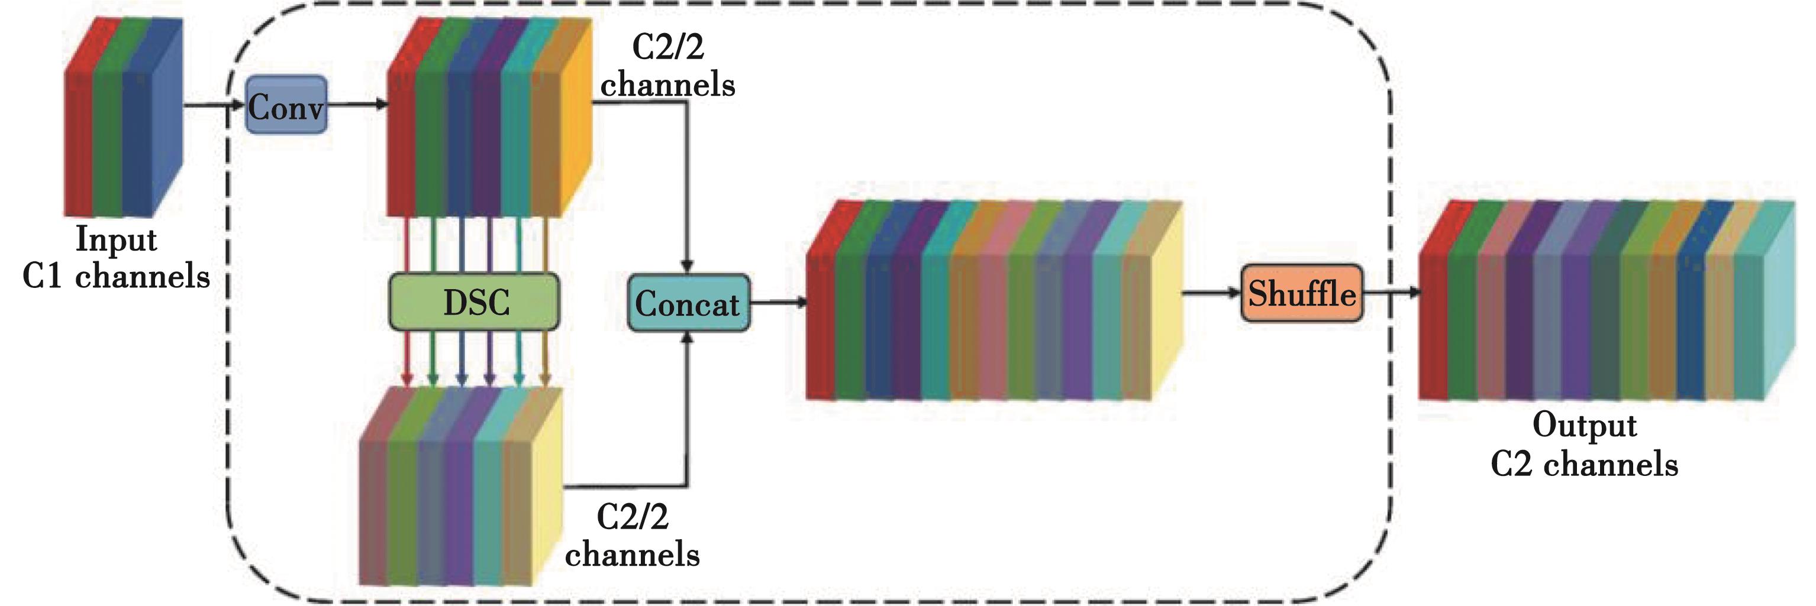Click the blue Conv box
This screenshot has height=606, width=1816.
point(286,106)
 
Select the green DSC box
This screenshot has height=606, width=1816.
point(475,302)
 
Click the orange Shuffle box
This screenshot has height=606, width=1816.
point(1301,293)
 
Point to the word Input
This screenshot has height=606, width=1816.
point(117,239)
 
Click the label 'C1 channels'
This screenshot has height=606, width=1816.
point(117,276)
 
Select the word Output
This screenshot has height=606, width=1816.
point(1584,425)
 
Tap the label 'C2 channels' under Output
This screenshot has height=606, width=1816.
point(1584,464)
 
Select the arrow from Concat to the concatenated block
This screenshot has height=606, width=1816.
point(778,303)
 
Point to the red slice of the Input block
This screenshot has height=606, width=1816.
point(78,141)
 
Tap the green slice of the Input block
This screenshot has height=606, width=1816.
point(107,141)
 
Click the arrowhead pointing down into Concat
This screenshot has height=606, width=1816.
point(688,267)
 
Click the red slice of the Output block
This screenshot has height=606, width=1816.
point(1433,324)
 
